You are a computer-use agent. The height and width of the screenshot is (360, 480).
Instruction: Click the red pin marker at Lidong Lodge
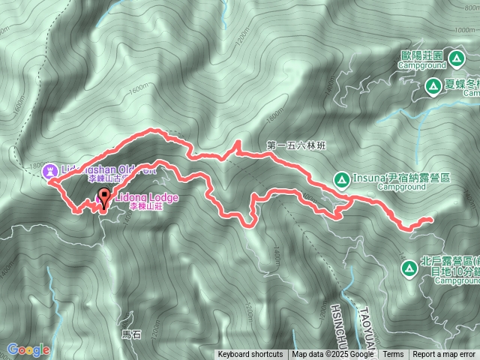pyautogui.click(x=103, y=199)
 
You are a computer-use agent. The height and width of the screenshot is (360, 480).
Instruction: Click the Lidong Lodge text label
pyautogui.click(x=146, y=197)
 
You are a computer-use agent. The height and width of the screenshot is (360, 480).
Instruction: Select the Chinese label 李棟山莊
pyautogui.click(x=145, y=206)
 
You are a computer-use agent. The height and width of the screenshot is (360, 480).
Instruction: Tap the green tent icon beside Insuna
pyautogui.click(x=340, y=179)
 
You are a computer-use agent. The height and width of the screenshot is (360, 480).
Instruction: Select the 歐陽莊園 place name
pyautogui.click(x=421, y=55)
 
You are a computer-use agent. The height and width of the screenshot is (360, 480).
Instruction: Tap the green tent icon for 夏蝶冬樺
pyautogui.click(x=433, y=87)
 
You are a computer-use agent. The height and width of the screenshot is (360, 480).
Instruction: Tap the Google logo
pyautogui.click(x=28, y=349)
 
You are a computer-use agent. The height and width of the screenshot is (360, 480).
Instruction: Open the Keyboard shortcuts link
pyautogui.click(x=250, y=355)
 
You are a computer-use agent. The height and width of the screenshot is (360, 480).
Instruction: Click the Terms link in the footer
pyautogui.click(x=393, y=355)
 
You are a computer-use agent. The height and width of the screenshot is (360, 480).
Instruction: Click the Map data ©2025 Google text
pyautogui.click(x=333, y=355)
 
